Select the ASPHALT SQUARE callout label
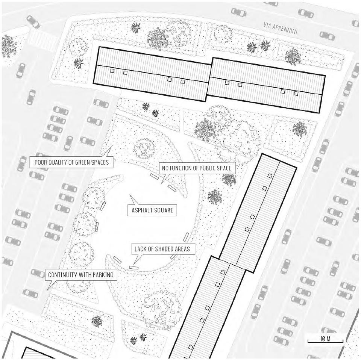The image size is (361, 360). point(150,210)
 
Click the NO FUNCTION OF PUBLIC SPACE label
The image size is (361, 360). point(196,168)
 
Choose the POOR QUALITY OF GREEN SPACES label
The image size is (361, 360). point(71,162)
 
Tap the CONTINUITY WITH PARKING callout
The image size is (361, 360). point(80,275)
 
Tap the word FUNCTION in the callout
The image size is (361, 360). point(182,168)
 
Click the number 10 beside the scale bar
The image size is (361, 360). point(323,339)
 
